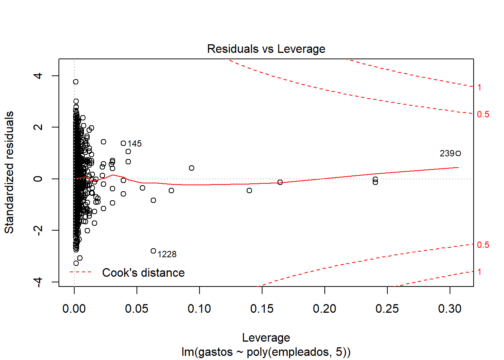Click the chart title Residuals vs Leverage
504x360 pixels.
[x=266, y=49]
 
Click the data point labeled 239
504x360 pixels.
[x=458, y=153]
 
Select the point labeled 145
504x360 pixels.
[x=123, y=143]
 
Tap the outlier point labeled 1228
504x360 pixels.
[x=153, y=251]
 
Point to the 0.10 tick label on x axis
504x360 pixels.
[x=199, y=309]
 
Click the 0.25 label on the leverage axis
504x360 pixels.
[x=387, y=309]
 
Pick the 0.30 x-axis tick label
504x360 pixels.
[x=450, y=309]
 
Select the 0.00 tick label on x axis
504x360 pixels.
[x=74, y=309]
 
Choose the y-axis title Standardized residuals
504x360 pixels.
[x=9, y=172]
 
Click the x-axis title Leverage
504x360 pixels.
[x=266, y=338]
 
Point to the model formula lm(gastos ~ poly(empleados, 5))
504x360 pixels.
[x=266, y=352]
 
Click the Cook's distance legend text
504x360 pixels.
[x=143, y=273]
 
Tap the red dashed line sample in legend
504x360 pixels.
[x=81, y=272]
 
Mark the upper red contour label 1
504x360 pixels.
[x=479, y=88]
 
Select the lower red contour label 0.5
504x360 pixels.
[x=483, y=245]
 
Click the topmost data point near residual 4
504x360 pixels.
[x=76, y=82]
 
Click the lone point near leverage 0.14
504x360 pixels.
[x=249, y=190]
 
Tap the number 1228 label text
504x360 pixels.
[x=167, y=255]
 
